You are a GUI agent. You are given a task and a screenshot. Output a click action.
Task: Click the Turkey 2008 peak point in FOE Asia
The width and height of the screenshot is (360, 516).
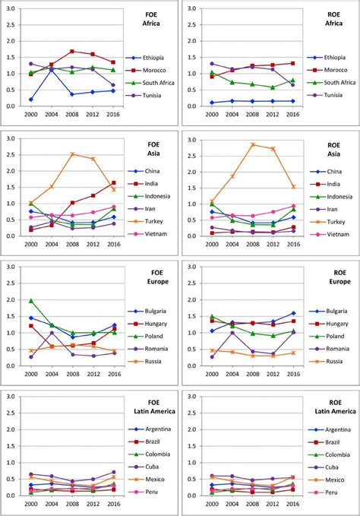[x=72, y=154]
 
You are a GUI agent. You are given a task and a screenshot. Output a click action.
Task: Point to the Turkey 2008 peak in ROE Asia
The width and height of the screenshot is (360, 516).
[x=253, y=144]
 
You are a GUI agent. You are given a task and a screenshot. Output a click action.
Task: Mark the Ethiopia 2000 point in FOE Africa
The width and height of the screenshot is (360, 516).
[x=31, y=100]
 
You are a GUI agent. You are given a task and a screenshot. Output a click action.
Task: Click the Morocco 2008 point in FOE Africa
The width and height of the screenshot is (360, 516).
[x=72, y=52]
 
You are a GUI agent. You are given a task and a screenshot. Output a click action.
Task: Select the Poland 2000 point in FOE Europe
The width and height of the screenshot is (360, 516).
[x=31, y=300]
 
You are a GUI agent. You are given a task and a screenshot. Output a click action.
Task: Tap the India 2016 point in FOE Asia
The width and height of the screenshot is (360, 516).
[x=114, y=182]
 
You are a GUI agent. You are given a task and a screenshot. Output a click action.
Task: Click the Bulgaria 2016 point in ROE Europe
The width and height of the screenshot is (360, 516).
[x=293, y=313]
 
